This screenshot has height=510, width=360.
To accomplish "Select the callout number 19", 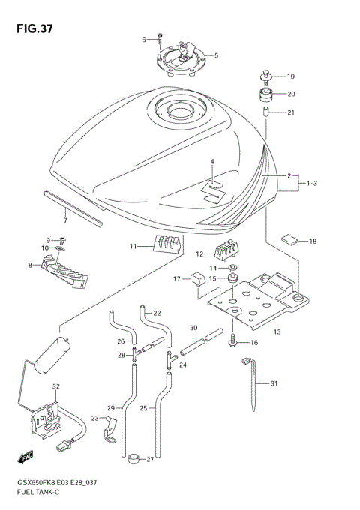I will pyautogui.click(x=291, y=76).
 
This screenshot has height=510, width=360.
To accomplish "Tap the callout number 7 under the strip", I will pyautogui.click(x=65, y=220).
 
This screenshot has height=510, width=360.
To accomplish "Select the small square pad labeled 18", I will pyautogui.click(x=290, y=240).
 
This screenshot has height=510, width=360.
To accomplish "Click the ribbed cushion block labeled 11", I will pyautogui.click(x=167, y=244).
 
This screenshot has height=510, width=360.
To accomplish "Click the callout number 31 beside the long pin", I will pyautogui.click(x=274, y=383).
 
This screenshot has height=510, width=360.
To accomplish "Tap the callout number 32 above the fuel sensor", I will pyautogui.click(x=55, y=387).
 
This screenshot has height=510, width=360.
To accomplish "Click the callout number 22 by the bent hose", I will pyautogui.click(x=157, y=313).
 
